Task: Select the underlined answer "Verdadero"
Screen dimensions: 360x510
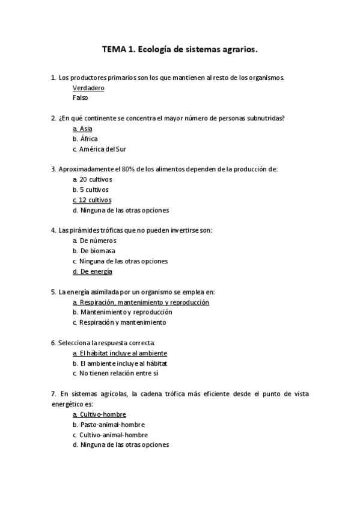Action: pos(88,88)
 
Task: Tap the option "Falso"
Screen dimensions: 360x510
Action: pos(80,97)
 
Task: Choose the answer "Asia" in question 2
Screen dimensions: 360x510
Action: pos(85,129)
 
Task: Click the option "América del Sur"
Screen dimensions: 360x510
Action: pos(103,149)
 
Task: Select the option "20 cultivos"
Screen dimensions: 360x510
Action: pos(96,179)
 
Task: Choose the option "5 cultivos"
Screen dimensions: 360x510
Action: pos(94,189)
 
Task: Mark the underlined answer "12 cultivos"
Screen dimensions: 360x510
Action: pos(95,200)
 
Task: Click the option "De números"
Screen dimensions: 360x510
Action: pos(98,241)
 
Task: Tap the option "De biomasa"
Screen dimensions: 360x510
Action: pos(97,251)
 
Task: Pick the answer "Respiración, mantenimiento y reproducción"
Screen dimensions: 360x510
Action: pos(144,302)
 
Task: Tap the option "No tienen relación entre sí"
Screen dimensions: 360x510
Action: pos(119,373)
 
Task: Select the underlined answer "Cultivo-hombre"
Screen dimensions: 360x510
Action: pos(103,414)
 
